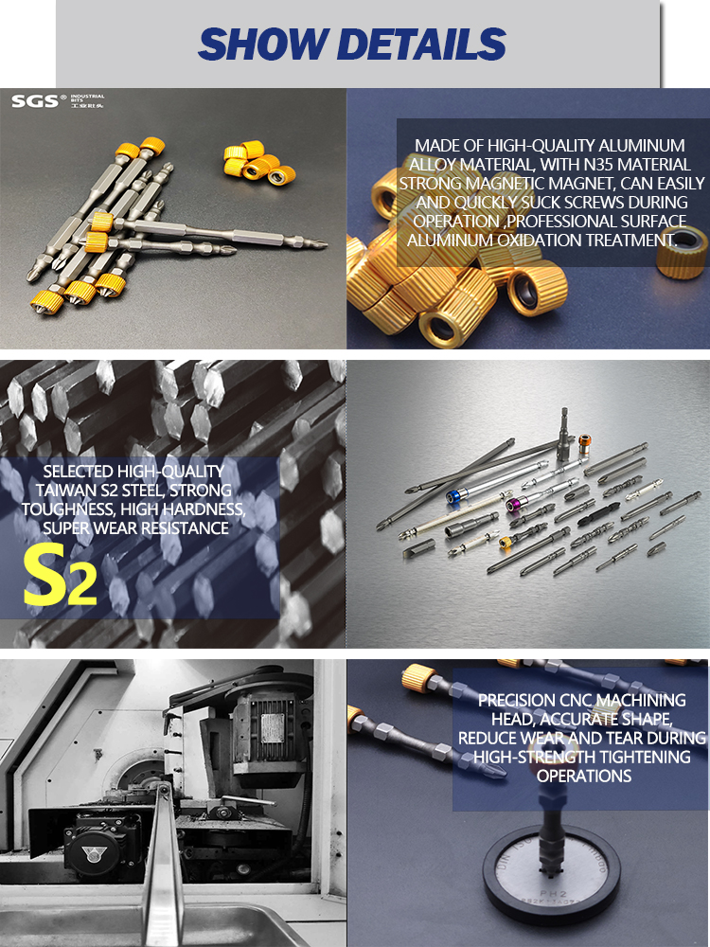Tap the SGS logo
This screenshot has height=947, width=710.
tap(36, 101)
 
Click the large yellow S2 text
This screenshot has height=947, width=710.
tap(60, 575)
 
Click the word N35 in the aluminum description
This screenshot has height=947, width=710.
tap(597, 164)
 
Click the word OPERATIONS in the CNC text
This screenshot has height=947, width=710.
tap(584, 776)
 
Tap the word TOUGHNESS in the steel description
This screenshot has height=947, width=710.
tap(66, 509)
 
